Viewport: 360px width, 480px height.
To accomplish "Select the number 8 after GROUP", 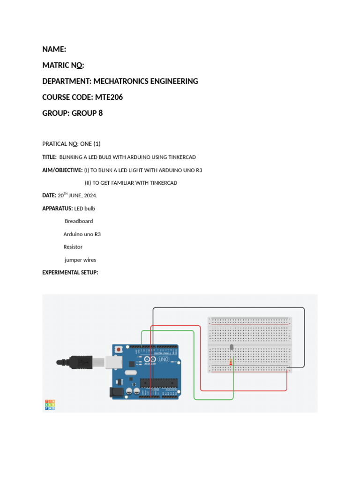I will pyautogui.click(x=100, y=113).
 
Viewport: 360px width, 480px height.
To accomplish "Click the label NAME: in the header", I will pyautogui.click(x=54, y=49).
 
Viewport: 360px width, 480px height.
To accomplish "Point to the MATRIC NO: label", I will pyautogui.click(x=63, y=65).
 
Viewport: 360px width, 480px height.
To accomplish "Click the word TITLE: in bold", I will pyautogui.click(x=50, y=157).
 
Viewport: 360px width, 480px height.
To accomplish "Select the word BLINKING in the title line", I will pyautogui.click(x=71, y=157).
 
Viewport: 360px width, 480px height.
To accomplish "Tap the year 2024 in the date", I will pyautogui.click(x=89, y=195).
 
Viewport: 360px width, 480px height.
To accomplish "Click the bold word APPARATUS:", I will pyautogui.click(x=58, y=208).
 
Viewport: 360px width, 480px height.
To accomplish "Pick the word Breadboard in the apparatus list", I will pyautogui.click(x=79, y=221).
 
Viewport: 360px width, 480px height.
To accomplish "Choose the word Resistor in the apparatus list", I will pyautogui.click(x=73, y=247).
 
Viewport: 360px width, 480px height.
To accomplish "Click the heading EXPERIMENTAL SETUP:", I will pyautogui.click(x=70, y=272).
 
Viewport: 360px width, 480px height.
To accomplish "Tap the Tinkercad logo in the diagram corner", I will pyautogui.click(x=50, y=405).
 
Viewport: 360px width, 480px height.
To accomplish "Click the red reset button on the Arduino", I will pyautogui.click(x=119, y=350).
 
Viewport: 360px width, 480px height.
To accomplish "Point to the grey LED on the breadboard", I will pyautogui.click(x=231, y=347).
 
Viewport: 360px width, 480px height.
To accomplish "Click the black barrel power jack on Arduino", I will pyautogui.click(x=115, y=392).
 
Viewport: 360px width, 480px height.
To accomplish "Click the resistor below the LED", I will pyautogui.click(x=231, y=361).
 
